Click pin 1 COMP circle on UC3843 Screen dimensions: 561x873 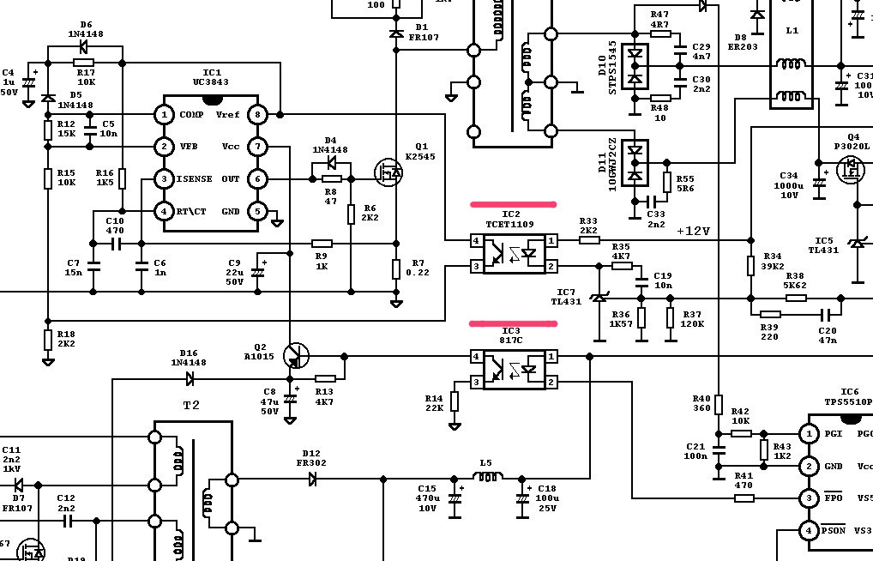click(164, 114)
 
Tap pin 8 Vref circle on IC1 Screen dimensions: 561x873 click(256, 114)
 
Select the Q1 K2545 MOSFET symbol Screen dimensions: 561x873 click(389, 172)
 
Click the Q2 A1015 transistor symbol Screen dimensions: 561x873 click(296, 355)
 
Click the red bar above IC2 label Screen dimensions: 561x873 click(513, 205)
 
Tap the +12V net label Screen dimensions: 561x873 click(693, 231)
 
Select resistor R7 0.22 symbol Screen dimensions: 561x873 click(396, 269)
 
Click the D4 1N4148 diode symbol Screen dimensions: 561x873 click(331, 163)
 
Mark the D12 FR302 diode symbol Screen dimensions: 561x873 click(313, 479)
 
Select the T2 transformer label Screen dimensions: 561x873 click(191, 405)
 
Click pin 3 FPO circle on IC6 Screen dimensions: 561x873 click(808, 498)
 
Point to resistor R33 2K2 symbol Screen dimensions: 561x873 click(589, 240)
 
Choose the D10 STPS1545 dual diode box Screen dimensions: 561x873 click(635, 66)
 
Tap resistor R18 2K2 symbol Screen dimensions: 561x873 click(48, 340)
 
